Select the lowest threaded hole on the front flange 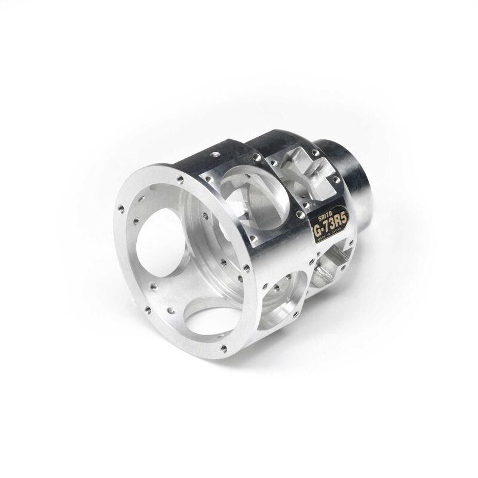pos(223,348)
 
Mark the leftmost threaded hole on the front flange pos(121,209)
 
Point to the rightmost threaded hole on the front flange pos(246,268)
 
